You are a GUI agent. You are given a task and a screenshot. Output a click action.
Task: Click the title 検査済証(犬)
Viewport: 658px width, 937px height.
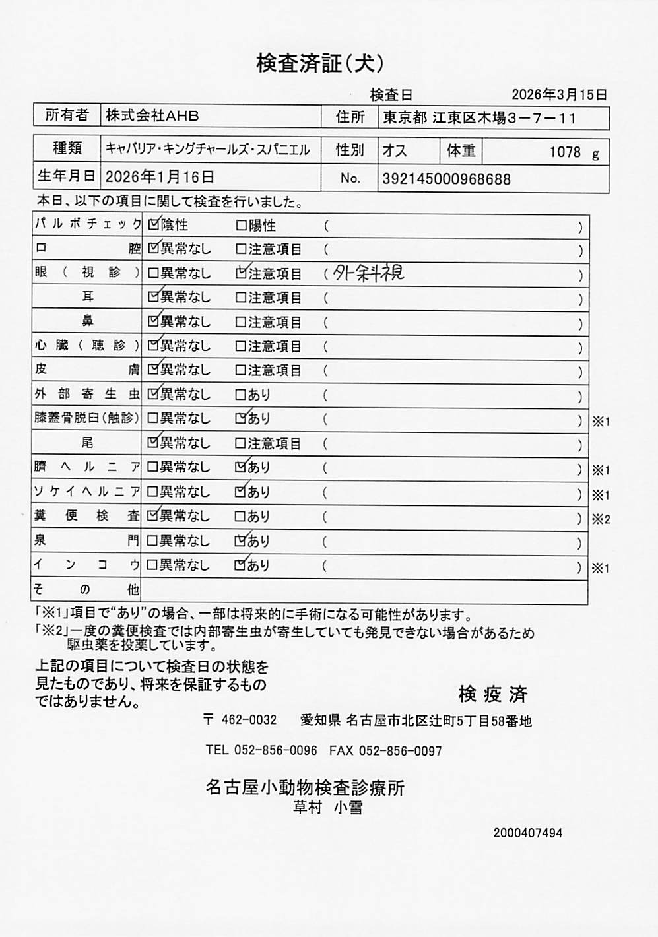pos(320,63)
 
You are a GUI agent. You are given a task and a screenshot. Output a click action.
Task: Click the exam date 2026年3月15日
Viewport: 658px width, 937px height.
pos(559,94)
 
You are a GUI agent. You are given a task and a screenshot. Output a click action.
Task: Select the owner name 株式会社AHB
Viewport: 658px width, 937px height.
pos(152,116)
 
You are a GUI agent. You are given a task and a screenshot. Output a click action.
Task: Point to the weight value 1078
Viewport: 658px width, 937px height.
pos(564,152)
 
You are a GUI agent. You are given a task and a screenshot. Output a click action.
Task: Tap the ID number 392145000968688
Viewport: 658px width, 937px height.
pos(446,179)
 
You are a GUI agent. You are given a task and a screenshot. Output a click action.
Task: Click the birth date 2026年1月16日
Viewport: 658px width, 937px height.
pos(160,177)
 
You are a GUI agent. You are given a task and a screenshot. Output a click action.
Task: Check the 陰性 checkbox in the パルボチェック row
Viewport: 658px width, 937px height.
pos(154,224)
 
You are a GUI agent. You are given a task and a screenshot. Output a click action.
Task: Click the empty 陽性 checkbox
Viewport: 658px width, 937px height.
pos(241,226)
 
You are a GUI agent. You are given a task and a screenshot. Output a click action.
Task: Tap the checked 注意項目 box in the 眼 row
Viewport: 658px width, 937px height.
pos(242,273)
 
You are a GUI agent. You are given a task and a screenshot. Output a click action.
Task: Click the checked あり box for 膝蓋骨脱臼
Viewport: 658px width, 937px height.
pos(242,418)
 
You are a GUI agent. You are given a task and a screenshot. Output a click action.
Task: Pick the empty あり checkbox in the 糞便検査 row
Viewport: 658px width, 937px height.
pos(241,517)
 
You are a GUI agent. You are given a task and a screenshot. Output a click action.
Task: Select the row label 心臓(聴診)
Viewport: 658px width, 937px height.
pos(87,345)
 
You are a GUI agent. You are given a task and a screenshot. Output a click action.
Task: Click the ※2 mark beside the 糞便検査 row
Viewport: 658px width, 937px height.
pos(601,519)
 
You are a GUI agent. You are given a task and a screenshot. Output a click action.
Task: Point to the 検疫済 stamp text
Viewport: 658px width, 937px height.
pos(492,694)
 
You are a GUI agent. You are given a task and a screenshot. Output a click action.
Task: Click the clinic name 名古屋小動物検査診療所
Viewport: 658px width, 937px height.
pos(305,787)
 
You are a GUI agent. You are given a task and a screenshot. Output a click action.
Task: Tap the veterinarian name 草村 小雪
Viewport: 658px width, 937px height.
pos(328,808)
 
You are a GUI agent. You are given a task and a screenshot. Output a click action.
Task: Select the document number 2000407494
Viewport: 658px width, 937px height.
pos(527,833)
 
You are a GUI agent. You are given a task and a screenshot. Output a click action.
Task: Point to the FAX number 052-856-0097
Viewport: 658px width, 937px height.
pos(400,751)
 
